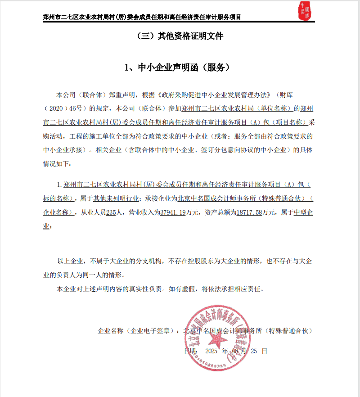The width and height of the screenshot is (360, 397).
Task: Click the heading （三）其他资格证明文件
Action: [180, 36]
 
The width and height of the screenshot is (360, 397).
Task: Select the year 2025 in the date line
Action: [211, 351]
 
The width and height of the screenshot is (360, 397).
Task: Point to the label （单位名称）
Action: [277, 109]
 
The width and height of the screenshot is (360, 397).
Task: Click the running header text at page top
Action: [142, 17]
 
